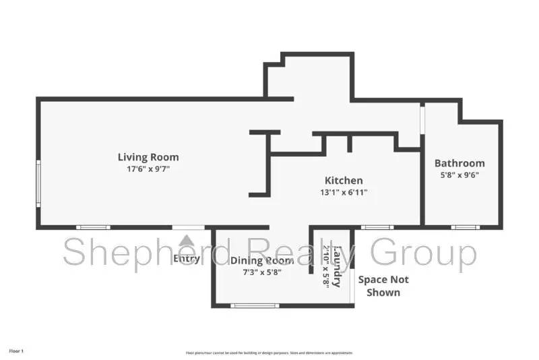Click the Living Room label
click(x=149, y=157)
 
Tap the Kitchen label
click(x=344, y=180)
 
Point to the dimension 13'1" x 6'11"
click(x=344, y=192)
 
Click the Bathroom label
click(x=459, y=163)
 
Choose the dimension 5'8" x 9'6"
click(x=459, y=175)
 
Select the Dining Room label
click(x=261, y=261)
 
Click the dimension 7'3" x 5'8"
click(x=261, y=272)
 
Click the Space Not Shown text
click(x=382, y=286)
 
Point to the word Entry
click(x=187, y=259)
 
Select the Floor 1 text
click(x=16, y=351)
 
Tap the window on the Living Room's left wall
click(x=38, y=183)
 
